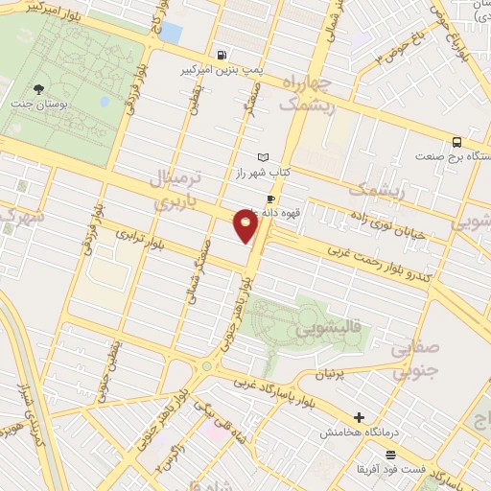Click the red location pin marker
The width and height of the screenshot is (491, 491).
(246, 227)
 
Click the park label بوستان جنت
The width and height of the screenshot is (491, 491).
(33, 105)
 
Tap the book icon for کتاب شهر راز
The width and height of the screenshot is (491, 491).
(263, 156)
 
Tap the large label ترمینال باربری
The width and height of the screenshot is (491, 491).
(177, 190)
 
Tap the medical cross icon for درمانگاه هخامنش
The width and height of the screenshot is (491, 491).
(359, 417)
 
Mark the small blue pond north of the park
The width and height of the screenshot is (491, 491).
(170, 32)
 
